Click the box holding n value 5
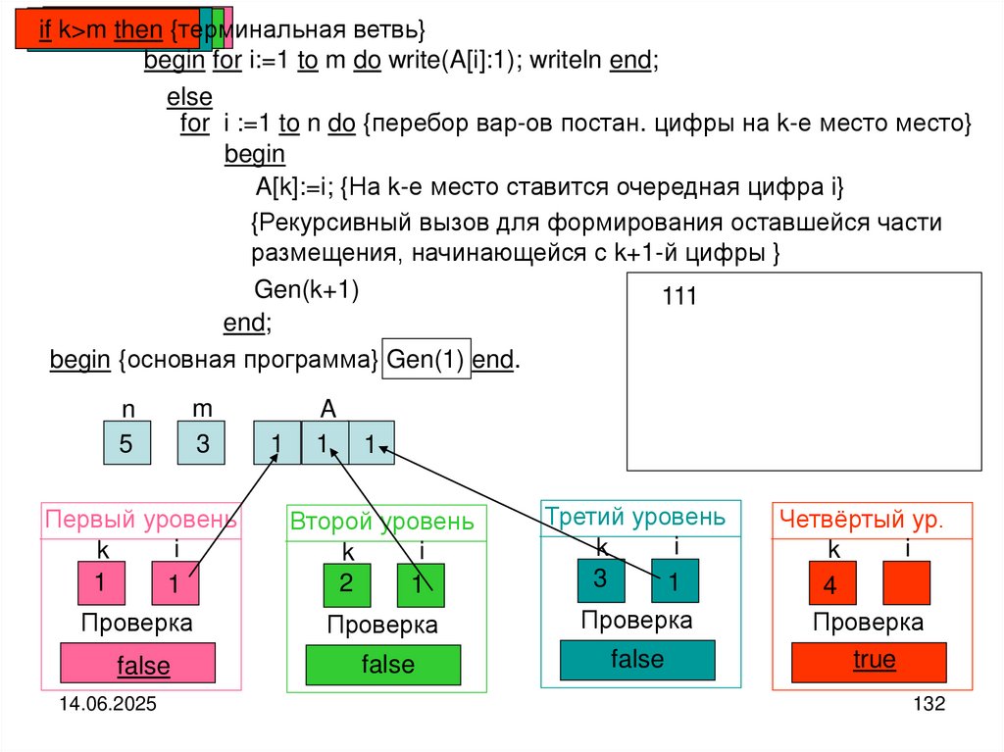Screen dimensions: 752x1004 127,442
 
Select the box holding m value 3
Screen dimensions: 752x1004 201,442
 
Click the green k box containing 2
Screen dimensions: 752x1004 347,584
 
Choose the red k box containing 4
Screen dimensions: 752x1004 831,585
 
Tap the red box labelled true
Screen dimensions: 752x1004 873,660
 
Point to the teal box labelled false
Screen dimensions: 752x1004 637,659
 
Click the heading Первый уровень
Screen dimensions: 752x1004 140,520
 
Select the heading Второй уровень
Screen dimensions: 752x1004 381,523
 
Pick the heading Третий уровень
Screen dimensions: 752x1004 635,517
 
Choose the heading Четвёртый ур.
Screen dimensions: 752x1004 860,521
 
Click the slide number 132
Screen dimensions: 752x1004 928,705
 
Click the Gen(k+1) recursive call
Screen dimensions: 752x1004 307,289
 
